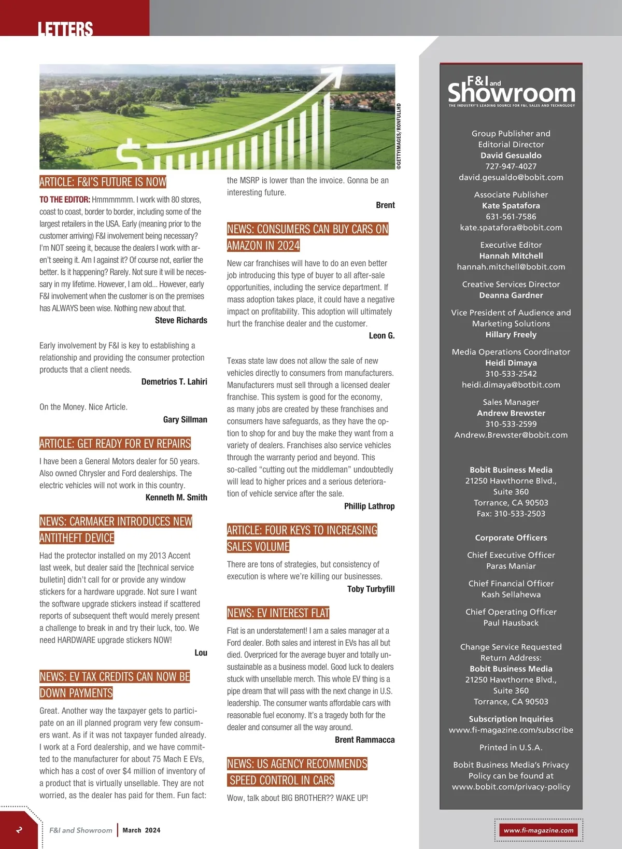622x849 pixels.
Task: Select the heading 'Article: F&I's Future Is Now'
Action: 103,182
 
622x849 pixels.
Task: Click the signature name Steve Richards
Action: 181,320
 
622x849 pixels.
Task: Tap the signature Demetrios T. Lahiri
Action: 174,381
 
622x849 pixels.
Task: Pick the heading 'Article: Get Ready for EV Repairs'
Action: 115,444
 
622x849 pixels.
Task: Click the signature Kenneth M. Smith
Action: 176,498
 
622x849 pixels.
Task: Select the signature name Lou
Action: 201,653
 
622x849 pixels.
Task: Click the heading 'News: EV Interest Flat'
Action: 278,613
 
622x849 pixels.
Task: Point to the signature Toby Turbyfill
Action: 371,589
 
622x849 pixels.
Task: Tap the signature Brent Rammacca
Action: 364,740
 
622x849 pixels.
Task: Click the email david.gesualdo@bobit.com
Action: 511,177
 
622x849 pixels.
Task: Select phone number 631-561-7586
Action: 511,217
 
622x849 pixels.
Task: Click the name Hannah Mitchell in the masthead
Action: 511,256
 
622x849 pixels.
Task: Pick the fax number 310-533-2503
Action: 511,514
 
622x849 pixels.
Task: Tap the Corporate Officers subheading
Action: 511,538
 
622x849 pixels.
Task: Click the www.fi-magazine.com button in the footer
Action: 539,830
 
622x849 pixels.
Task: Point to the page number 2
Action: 19,830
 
